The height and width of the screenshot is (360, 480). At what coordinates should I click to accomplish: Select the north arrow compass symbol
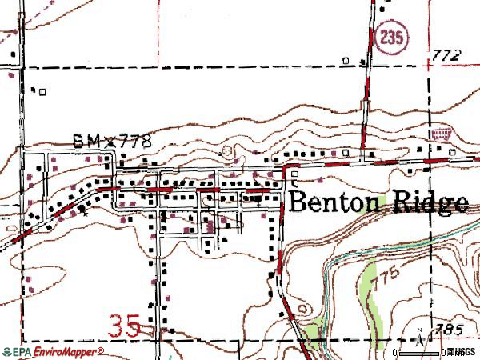(x=420, y=338)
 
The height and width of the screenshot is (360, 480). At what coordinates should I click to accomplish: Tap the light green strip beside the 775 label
(x=368, y=284)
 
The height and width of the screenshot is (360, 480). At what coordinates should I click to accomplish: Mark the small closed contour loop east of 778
(x=230, y=150)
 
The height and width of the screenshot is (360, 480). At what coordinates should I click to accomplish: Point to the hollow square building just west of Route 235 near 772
(x=346, y=60)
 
